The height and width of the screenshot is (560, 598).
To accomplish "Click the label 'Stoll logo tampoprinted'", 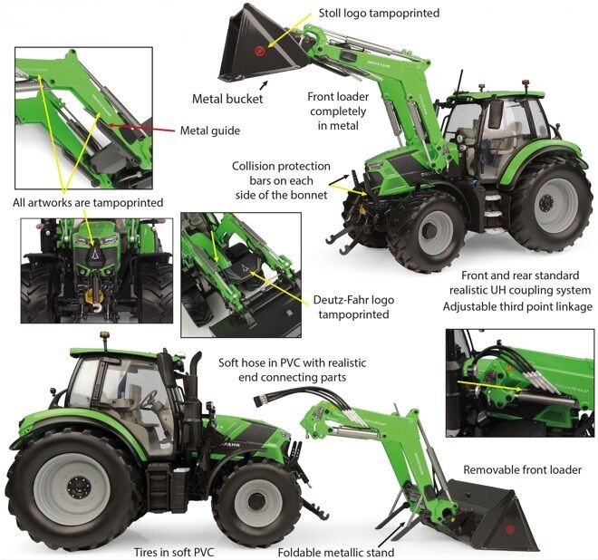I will click(379, 14).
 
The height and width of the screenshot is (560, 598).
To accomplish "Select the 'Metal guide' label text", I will click(209, 130).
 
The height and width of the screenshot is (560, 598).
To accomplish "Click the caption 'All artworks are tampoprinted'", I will click(88, 202).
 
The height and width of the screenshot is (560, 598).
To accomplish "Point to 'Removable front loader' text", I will click(522, 469).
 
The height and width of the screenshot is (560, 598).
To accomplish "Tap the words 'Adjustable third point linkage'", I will click(516, 306).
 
